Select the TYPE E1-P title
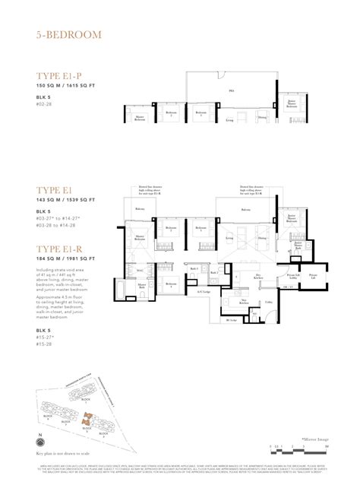[x=63, y=75]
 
